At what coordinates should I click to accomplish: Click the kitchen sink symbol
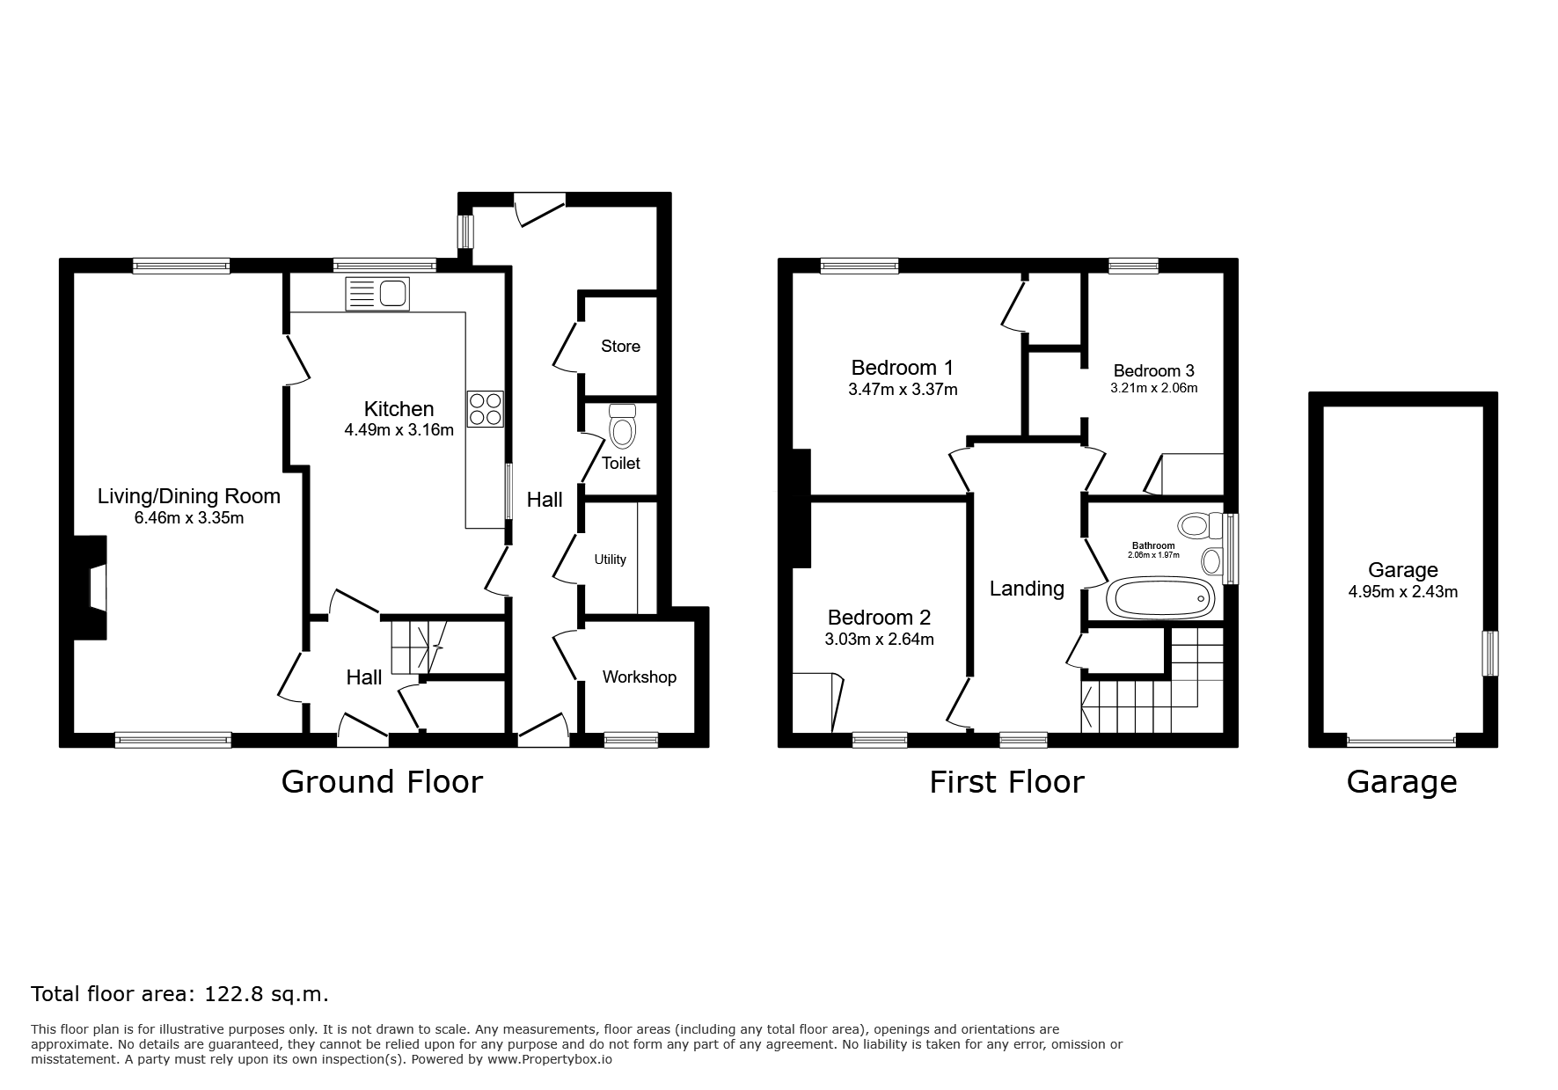(377, 294)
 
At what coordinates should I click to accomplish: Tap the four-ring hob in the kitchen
(486, 408)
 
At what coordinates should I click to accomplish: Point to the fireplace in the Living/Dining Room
(91, 587)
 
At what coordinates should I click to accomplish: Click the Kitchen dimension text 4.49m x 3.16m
(399, 430)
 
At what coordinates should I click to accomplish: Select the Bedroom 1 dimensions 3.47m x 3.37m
(903, 389)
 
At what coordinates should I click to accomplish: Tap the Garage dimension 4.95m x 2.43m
(1403, 592)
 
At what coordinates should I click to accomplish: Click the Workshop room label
(640, 677)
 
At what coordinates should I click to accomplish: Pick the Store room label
(620, 346)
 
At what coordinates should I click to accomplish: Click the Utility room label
(610, 560)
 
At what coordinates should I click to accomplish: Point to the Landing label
(1027, 589)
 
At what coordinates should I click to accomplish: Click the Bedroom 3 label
(1153, 370)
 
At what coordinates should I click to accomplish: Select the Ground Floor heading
(382, 781)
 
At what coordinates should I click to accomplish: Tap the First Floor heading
(1006, 781)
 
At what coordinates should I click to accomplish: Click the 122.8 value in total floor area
(230, 994)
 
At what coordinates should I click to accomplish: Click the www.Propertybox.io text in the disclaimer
(550, 1059)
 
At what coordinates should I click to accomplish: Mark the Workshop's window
(631, 740)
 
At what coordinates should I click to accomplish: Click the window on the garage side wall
(1490, 654)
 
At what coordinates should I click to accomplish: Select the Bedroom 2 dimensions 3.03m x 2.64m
(879, 640)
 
